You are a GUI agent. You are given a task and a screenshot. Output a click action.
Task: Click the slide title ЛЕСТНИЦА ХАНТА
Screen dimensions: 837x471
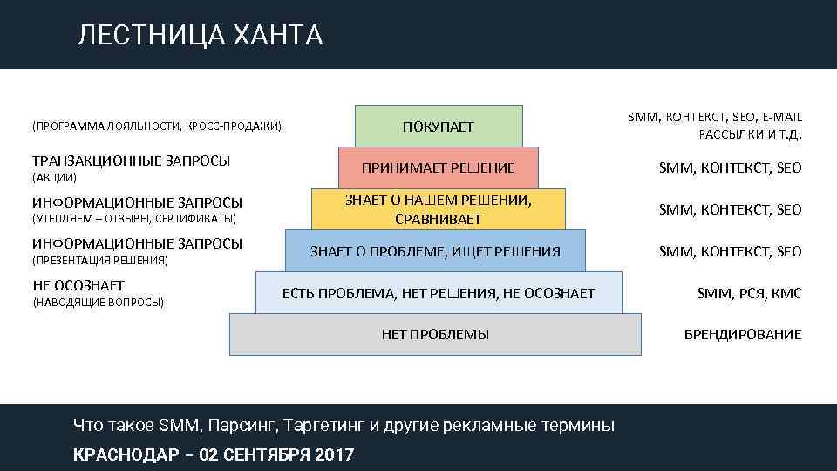tap(200, 35)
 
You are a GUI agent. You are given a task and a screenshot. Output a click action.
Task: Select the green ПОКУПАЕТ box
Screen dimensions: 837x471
tap(439, 126)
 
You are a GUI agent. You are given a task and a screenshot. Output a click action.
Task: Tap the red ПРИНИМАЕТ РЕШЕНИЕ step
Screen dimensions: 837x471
tap(439, 167)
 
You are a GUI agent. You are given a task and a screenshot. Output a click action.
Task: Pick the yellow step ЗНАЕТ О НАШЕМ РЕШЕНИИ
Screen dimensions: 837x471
tap(438, 209)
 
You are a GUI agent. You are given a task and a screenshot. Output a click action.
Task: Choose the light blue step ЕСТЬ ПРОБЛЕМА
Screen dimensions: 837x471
tap(439, 293)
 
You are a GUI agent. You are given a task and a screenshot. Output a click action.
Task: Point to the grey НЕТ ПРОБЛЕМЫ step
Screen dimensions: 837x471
tap(435, 334)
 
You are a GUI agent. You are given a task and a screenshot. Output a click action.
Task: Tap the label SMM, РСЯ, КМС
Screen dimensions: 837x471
tap(749, 294)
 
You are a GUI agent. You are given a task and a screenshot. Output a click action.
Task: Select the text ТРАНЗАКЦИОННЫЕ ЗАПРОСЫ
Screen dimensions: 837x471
tap(132, 160)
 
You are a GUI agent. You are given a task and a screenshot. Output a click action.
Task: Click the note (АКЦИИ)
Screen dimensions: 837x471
tap(55, 177)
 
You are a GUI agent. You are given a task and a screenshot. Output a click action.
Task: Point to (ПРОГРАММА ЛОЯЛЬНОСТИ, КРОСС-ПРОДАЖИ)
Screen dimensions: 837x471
tap(157, 126)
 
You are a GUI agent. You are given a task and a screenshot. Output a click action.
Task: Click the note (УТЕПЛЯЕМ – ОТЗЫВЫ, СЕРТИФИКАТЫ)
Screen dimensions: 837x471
tap(134, 218)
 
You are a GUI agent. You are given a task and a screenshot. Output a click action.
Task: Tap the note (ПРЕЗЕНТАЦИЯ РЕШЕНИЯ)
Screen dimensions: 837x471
tap(100, 260)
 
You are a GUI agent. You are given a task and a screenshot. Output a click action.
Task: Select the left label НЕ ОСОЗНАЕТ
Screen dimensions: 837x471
tap(78, 285)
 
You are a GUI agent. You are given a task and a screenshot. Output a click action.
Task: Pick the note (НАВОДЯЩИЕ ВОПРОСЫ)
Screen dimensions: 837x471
tap(98, 302)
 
